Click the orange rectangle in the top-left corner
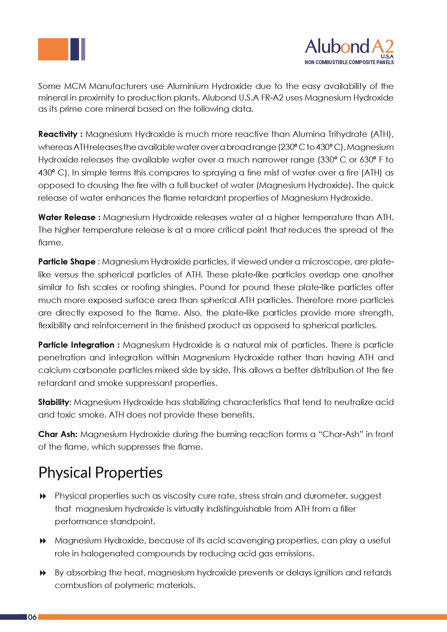pyautogui.click(x=53, y=49)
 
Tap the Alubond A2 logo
pyautogui.click(x=349, y=47)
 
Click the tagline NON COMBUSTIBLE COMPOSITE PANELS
pyautogui.click(x=349, y=62)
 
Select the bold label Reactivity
pyautogui.click(x=58, y=134)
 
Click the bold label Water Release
pyautogui.click(x=67, y=218)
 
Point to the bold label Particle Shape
pyautogui.click(x=67, y=262)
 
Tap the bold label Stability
pyautogui.click(x=53, y=402)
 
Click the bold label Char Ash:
pyautogui.click(x=58, y=435)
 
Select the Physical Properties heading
pyautogui.click(x=100, y=473)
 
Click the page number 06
pyautogui.click(x=32, y=617)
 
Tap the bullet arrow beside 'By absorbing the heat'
pyautogui.click(x=43, y=573)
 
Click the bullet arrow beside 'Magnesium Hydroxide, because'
pyautogui.click(x=43, y=541)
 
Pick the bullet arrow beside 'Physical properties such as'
pyautogui.click(x=43, y=497)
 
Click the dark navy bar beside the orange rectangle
pyautogui.click(x=75, y=49)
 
